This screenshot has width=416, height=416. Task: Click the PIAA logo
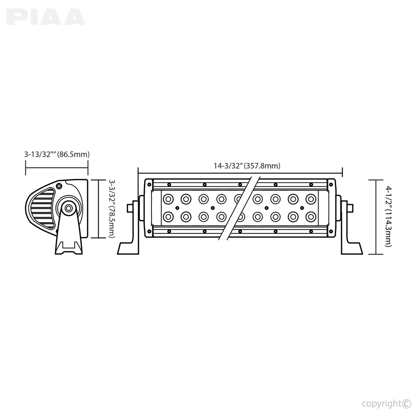click(x=46, y=17)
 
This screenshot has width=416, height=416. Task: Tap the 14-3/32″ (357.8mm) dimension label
click(x=247, y=166)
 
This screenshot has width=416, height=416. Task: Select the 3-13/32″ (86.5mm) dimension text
click(x=57, y=154)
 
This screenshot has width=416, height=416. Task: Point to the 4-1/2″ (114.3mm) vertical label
click(x=389, y=216)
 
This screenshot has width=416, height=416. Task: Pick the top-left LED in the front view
click(x=168, y=199)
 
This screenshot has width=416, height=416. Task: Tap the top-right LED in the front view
click(x=311, y=199)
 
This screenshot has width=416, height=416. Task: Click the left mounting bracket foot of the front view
click(x=129, y=248)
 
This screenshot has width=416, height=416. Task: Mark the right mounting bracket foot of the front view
click(x=352, y=248)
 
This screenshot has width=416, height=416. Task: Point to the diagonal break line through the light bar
click(x=239, y=208)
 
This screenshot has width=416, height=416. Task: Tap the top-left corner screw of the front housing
click(x=149, y=184)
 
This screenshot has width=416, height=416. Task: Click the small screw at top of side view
click(x=59, y=186)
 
